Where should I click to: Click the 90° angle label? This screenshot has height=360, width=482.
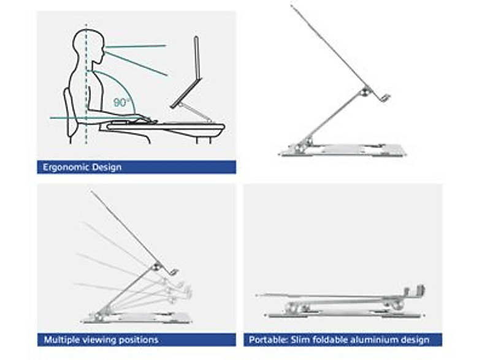(x=121, y=102)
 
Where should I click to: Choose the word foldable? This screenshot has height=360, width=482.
(x=330, y=340)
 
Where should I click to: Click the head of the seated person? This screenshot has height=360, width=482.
(x=88, y=45)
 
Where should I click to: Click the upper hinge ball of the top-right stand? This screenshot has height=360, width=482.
(x=365, y=91)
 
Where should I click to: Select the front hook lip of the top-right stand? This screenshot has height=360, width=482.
(x=385, y=98)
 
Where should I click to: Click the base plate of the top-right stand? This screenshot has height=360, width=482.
(x=342, y=150)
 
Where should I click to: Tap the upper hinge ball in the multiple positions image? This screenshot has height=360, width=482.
(x=158, y=266)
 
